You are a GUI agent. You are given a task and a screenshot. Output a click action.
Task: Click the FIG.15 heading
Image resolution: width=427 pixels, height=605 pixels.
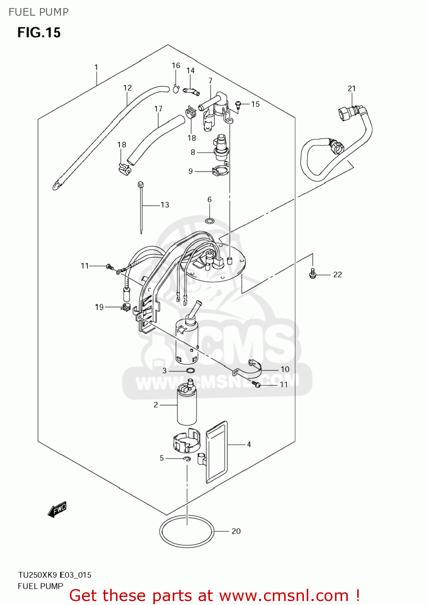[39, 33]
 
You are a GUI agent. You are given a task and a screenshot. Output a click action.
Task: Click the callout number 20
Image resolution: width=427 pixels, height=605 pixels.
[236, 531]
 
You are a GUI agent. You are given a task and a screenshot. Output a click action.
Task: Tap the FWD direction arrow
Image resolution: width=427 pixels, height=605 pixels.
[57, 509]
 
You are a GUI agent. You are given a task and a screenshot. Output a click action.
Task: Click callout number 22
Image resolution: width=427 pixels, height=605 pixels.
[337, 275]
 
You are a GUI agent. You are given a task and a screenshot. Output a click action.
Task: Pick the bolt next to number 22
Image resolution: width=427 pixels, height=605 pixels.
[312, 274]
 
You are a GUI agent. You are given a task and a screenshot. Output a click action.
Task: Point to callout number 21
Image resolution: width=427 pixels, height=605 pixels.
[352, 88]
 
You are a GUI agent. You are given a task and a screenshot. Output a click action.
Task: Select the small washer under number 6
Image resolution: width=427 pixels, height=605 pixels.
[209, 221]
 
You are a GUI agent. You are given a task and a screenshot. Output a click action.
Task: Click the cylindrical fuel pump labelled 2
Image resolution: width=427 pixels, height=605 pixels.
[187, 407]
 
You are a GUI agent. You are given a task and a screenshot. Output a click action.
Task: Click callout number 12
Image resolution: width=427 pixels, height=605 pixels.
[128, 88]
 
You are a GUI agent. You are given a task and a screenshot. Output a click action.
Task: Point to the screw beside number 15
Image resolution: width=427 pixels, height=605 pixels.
[238, 104]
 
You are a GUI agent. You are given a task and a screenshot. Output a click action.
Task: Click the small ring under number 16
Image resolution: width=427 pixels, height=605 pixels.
[176, 89]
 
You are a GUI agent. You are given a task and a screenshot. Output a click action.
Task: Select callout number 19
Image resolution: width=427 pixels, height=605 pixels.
[99, 307]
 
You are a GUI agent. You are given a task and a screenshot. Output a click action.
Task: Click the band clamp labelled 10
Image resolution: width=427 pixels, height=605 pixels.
[255, 369]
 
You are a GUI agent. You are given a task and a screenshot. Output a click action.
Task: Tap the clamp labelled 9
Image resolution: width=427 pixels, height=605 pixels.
[220, 171]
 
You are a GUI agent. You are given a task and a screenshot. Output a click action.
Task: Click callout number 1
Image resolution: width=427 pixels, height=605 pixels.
[96, 67]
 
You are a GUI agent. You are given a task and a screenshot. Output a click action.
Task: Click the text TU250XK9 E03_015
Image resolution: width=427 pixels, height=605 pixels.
[54, 575]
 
